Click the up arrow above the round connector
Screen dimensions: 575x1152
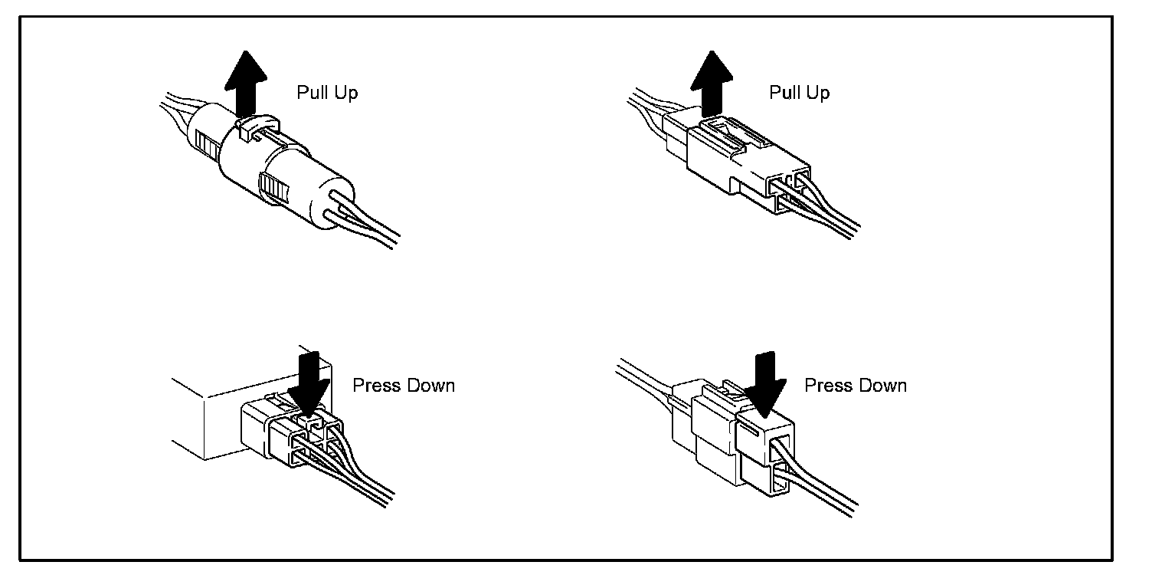click(x=247, y=83)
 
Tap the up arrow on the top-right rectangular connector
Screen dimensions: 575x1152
click(x=712, y=83)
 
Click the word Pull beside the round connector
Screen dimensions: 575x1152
click(x=311, y=94)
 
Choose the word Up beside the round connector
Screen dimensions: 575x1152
click(x=345, y=94)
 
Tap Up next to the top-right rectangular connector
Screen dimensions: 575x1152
click(x=817, y=94)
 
